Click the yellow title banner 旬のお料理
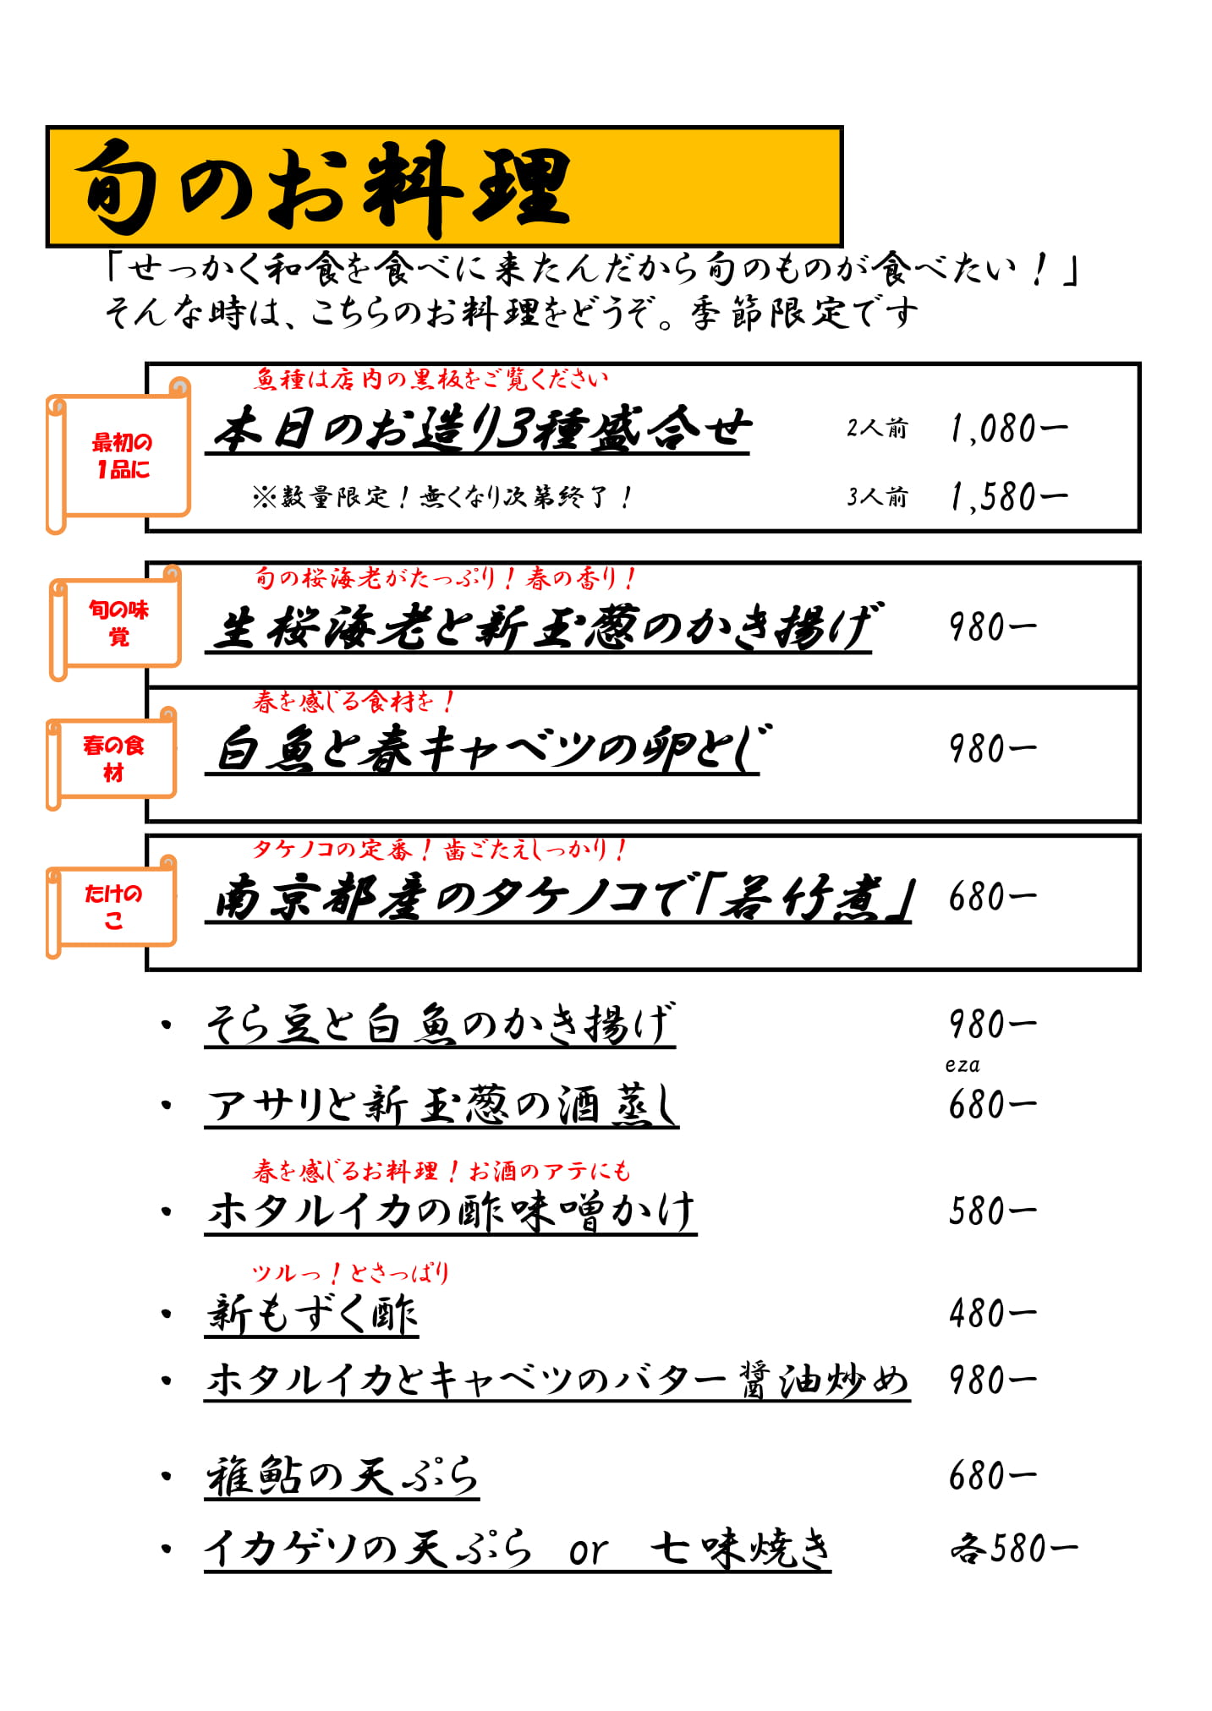pos(444,187)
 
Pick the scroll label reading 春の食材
pos(112,758)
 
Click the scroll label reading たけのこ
pos(112,906)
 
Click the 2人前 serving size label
pos(877,429)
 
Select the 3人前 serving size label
pos(877,496)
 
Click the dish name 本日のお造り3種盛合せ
pos(480,429)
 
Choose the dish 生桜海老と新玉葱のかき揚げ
pos(541,627)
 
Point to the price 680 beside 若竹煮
pos(991,897)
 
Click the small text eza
pos(962,1065)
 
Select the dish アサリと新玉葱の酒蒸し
pos(441,1105)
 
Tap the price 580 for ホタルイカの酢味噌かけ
pos(991,1211)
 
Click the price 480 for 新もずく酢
pos(991,1314)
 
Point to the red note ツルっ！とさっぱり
pos(350,1272)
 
